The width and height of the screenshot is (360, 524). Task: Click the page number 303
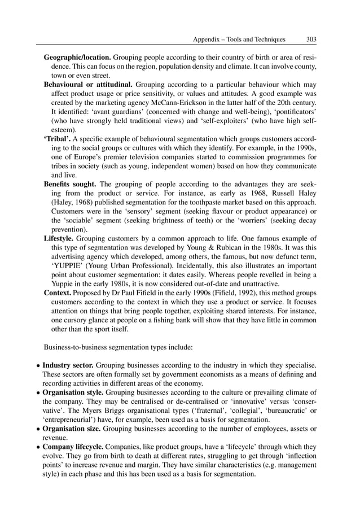click(x=310, y=40)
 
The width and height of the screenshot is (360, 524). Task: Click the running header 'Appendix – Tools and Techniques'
click(x=239, y=40)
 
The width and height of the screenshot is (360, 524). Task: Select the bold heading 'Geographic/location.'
click(x=78, y=58)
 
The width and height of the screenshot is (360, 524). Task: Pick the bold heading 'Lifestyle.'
click(x=59, y=238)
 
